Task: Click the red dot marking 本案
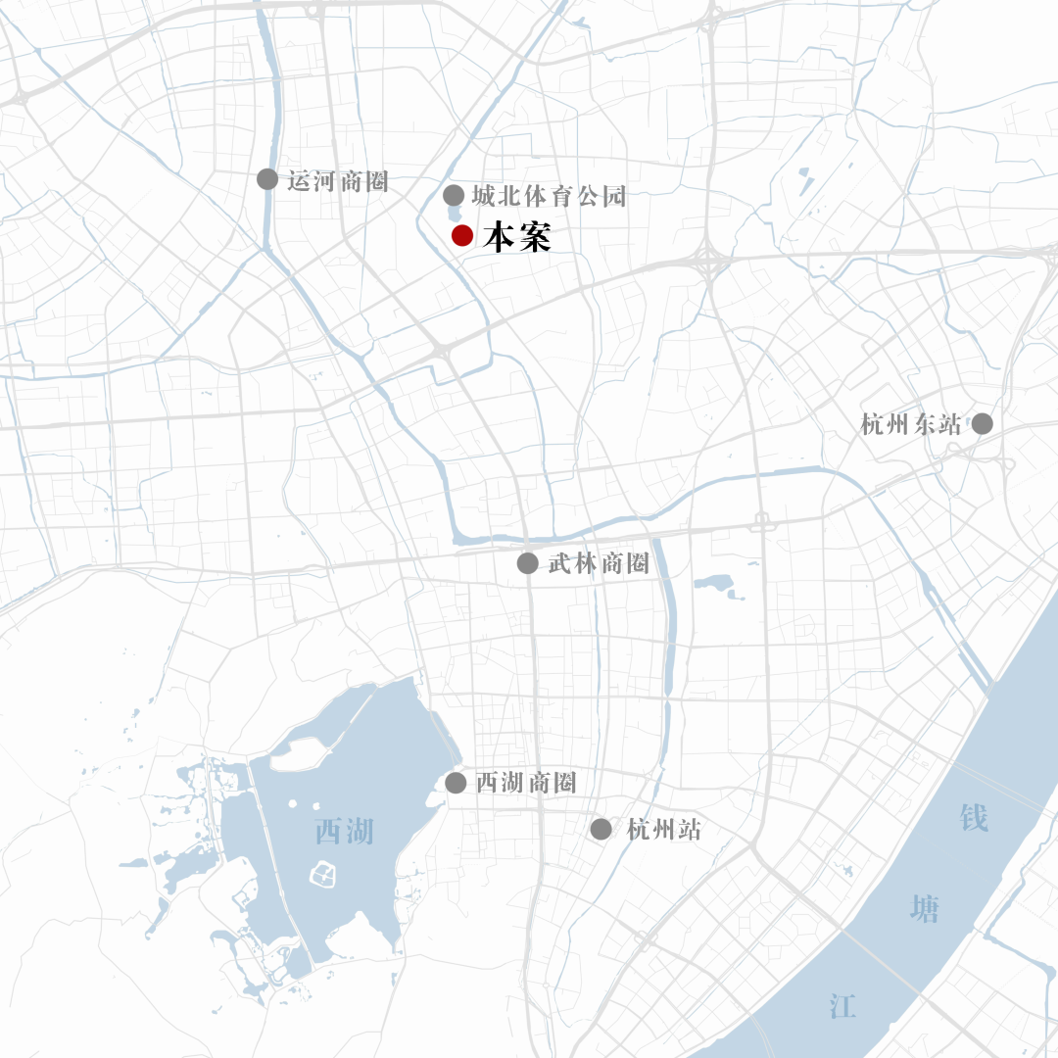[462, 235]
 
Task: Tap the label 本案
[517, 237]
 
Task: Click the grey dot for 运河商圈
[266, 178]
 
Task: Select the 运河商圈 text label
[338, 180]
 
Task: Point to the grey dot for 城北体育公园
[454, 195]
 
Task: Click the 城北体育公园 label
[548, 196]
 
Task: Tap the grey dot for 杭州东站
[982, 423]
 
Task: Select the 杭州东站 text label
[911, 424]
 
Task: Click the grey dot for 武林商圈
[527, 562]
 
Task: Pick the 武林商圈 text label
[599, 563]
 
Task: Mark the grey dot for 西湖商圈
[456, 783]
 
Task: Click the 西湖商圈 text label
[526, 784]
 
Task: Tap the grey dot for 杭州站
[601, 829]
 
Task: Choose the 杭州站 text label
[664, 830]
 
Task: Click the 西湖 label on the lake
[344, 832]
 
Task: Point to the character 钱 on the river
[974, 816]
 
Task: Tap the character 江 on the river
[842, 1005]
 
